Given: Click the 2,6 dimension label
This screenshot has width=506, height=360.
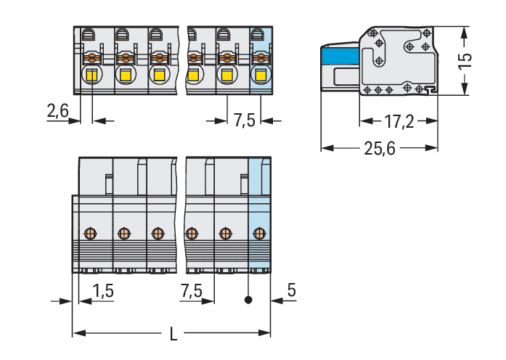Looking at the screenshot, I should tap(57, 110).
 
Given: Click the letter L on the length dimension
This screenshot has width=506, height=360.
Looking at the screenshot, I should tap(172, 335).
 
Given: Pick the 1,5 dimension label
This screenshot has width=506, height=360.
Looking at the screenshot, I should tap(103, 290).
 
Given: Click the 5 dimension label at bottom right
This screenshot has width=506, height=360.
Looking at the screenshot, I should tap(291, 290).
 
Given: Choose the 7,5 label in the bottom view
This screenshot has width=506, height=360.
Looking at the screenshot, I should tap(191, 290).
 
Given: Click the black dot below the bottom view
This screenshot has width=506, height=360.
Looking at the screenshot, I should tap(249, 299).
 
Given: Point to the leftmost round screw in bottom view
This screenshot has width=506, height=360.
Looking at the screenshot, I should tap(90, 233).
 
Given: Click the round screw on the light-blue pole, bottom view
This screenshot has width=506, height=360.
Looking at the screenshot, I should tap(258, 233).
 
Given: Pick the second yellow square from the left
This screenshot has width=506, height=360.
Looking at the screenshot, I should tap(126, 75).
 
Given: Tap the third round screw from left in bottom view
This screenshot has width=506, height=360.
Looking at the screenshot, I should tap(157, 233).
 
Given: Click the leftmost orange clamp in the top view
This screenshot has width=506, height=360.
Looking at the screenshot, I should tap(91, 57).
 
